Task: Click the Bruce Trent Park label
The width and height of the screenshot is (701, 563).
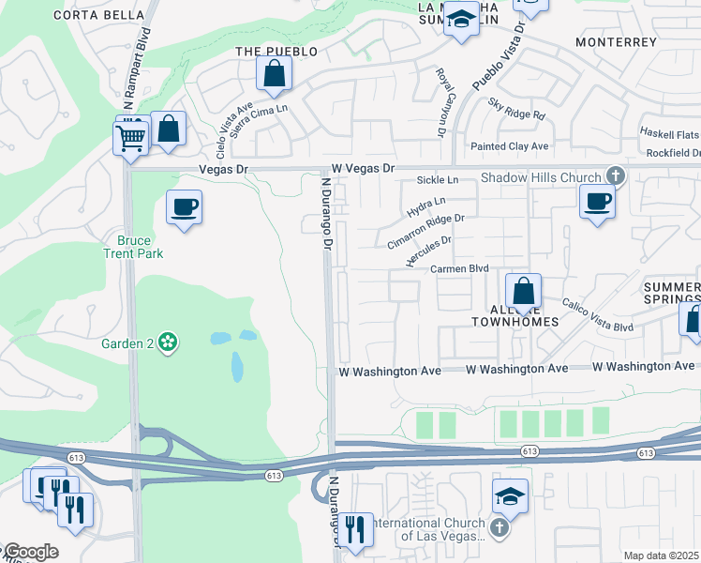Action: pyautogui.click(x=133, y=247)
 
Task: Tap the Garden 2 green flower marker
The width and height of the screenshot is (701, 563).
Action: pyautogui.click(x=168, y=342)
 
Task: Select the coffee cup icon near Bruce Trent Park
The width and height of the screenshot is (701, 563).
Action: pyautogui.click(x=184, y=206)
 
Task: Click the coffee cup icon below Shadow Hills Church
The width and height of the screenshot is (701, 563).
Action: pyautogui.click(x=597, y=200)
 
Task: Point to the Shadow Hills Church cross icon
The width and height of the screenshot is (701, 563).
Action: pyautogui.click(x=615, y=175)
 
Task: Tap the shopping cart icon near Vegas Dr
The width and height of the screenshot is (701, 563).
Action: pyautogui.click(x=130, y=139)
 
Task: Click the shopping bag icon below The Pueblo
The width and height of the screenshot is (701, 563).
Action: pyautogui.click(x=274, y=73)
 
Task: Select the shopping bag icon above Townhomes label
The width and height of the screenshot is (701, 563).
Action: pyautogui.click(x=523, y=291)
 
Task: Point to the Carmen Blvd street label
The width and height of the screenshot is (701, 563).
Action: pyautogui.click(x=459, y=268)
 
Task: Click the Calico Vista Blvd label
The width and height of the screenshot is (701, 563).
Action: pyautogui.click(x=598, y=314)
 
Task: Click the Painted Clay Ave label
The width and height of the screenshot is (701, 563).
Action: pyautogui.click(x=509, y=146)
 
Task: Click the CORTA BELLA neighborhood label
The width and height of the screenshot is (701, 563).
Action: pyautogui.click(x=100, y=15)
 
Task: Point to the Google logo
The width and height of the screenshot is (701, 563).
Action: pyautogui.click(x=30, y=552)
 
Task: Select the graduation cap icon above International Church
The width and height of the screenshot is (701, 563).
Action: pyautogui.click(x=509, y=496)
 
